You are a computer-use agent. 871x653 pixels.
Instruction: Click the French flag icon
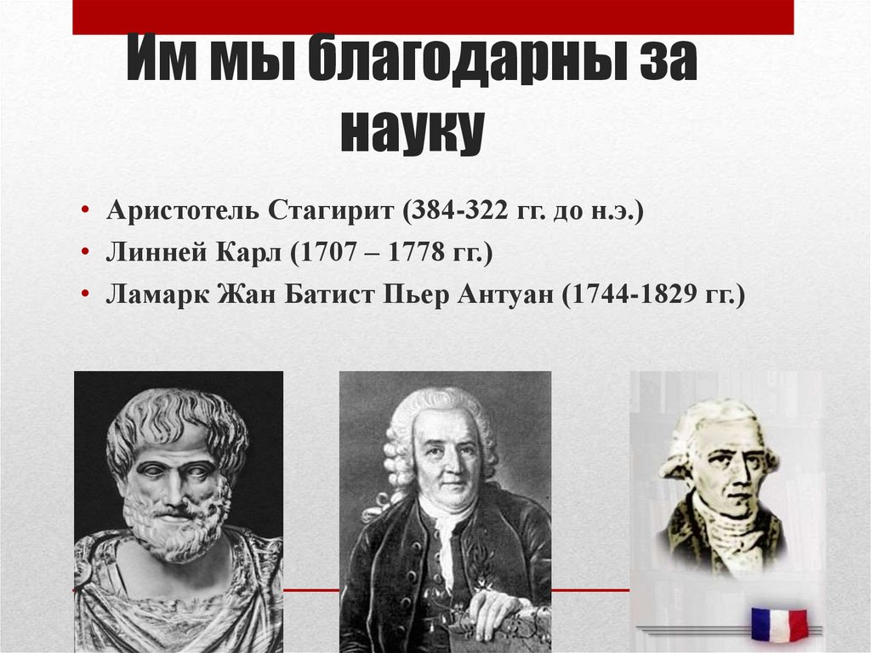[779, 624]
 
